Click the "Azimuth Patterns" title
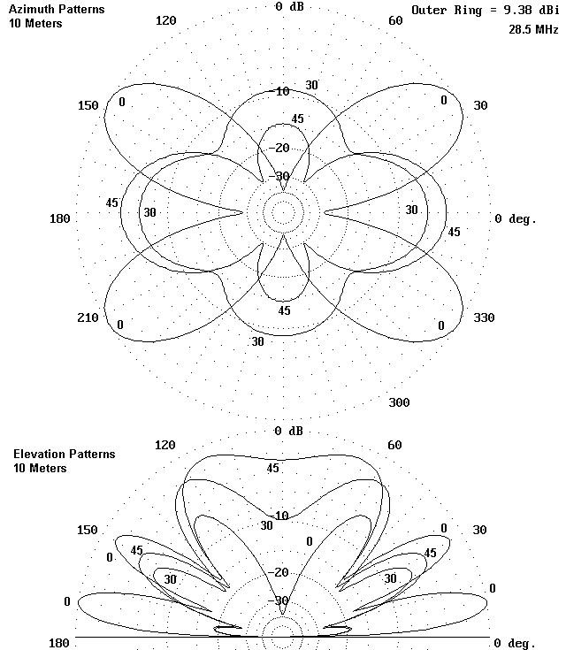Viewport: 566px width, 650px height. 58,10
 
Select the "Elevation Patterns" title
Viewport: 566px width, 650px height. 64,454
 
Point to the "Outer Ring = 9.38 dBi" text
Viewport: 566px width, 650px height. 485,10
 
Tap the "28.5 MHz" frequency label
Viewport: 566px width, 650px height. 533,29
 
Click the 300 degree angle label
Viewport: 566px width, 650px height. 399,402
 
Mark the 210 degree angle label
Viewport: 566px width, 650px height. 88,317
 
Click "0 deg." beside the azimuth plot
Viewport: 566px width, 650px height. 515,218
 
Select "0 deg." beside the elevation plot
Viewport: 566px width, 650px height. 515,642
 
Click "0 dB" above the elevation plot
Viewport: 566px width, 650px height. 288,432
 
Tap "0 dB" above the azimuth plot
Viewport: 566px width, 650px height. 288,6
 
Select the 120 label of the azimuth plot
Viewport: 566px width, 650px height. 165,20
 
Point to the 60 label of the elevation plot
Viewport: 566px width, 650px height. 394,445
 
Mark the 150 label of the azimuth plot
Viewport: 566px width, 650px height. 88,105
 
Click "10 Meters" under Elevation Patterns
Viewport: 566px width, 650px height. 40,468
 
